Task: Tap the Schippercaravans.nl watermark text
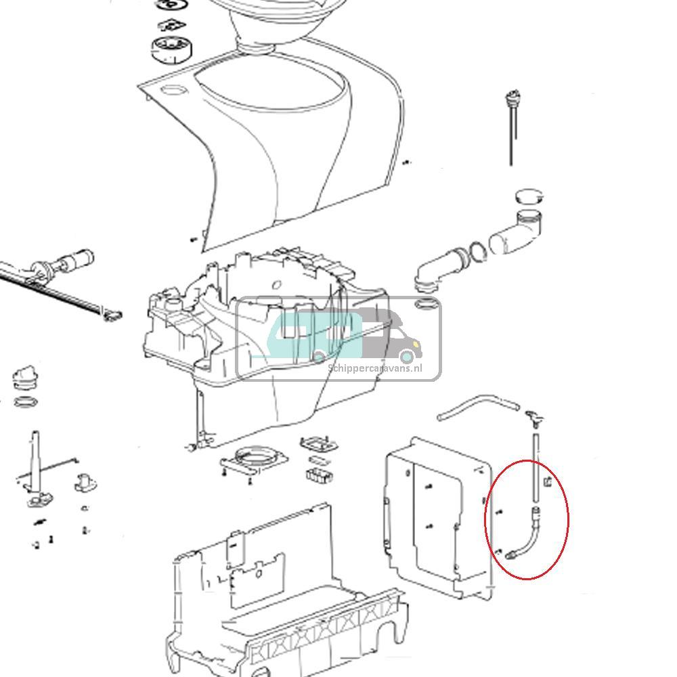pos(374,369)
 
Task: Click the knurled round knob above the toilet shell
pos(170,49)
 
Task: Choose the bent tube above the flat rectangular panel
pos(477,405)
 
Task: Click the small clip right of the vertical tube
pos(548,481)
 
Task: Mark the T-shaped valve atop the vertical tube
pos(536,416)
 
